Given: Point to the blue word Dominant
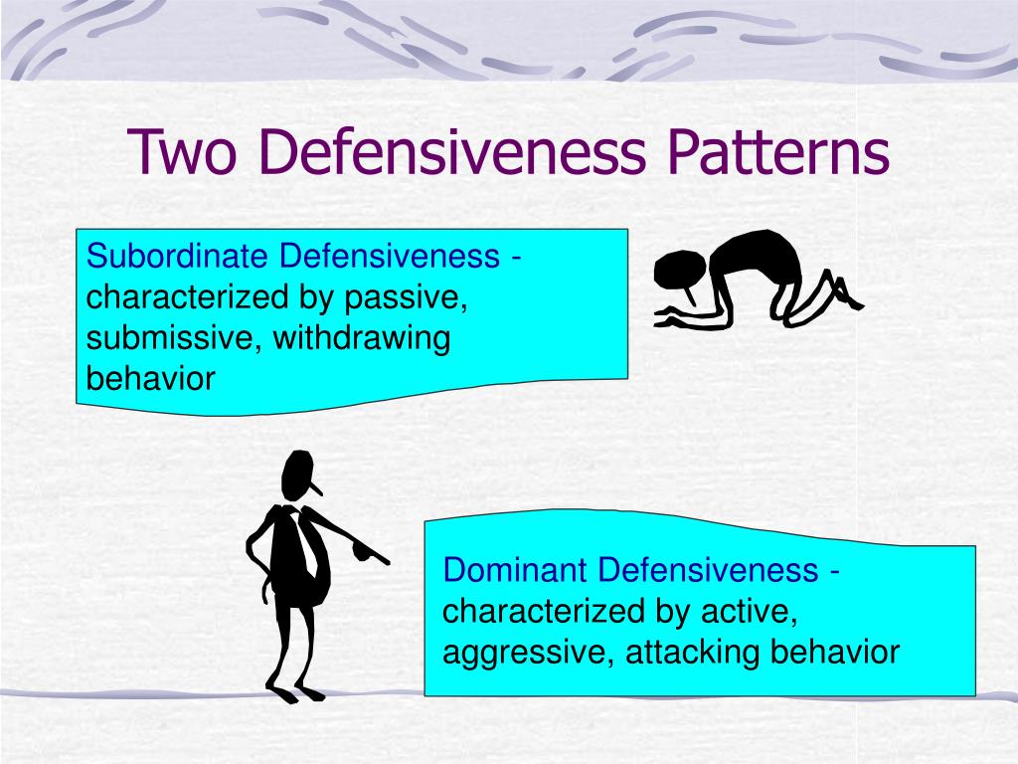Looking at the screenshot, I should coord(517,571).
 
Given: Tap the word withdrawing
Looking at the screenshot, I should coord(362,338).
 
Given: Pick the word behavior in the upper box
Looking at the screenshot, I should coord(150,379).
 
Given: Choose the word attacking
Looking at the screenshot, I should coord(679,653).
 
